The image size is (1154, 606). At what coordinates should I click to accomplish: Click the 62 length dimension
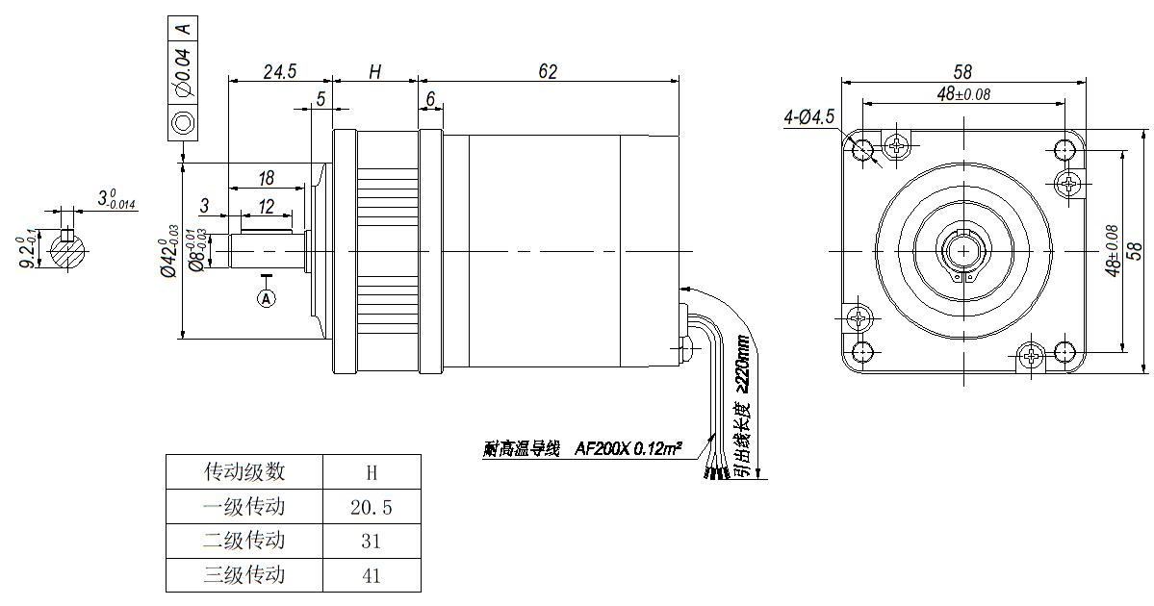coord(548,72)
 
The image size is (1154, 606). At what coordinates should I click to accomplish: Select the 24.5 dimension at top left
coord(279,72)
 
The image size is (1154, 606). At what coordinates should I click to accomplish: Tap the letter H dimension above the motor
coord(375,72)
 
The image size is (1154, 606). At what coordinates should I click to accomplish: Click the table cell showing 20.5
coord(372,507)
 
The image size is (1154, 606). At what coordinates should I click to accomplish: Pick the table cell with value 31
coord(372,542)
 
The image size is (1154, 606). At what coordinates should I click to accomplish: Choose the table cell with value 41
coord(372,575)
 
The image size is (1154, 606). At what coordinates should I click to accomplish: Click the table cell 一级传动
coord(244,506)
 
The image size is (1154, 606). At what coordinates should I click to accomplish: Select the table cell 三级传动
coord(244,575)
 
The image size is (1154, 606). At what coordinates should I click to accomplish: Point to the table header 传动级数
coord(244,472)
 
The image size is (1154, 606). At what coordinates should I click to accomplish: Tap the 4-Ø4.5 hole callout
coord(809,117)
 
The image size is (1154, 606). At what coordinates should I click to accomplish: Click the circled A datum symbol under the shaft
coord(267,299)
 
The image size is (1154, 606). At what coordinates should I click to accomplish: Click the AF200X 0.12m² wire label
coord(628,448)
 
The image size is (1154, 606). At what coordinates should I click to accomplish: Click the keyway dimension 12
coord(267,206)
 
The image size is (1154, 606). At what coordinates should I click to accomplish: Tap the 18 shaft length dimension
coord(267,178)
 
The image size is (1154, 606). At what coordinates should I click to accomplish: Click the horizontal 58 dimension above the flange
coord(962,72)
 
